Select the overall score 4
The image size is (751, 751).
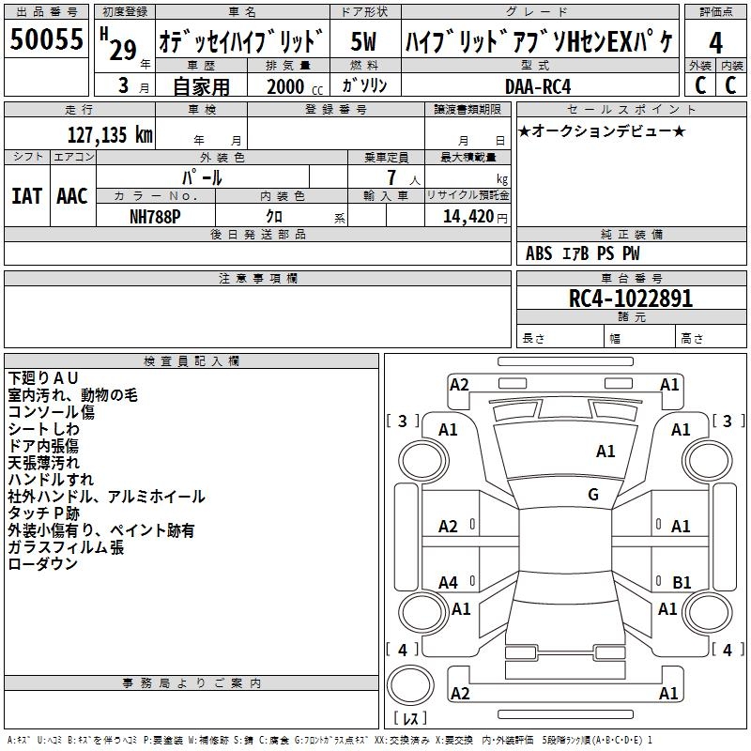click(x=716, y=42)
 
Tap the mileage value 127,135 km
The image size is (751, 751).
click(x=110, y=134)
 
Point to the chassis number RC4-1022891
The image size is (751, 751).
click(x=630, y=299)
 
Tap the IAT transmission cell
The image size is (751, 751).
click(x=26, y=196)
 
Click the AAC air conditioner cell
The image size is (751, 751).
click(x=72, y=196)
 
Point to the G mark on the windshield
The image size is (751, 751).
click(x=593, y=494)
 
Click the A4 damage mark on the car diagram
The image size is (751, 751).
click(x=449, y=583)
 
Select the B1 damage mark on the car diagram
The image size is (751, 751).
click(x=682, y=583)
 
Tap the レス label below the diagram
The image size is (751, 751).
click(x=414, y=718)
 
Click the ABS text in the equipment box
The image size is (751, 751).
click(x=539, y=253)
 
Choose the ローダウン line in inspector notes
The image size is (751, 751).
click(x=43, y=564)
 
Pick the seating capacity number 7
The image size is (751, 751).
click(x=391, y=177)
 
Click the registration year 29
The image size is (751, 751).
click(x=123, y=51)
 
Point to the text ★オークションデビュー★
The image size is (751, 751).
click(x=601, y=130)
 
